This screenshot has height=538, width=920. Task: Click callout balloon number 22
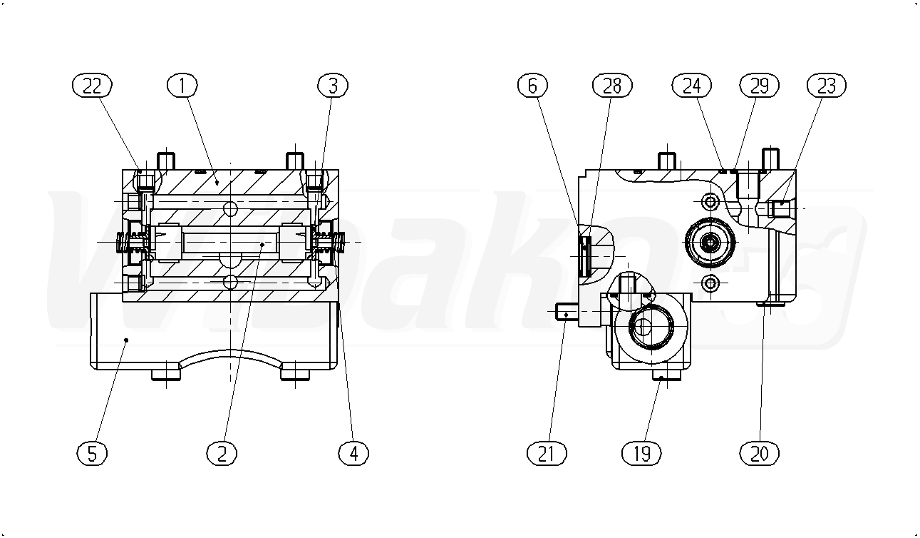(92, 86)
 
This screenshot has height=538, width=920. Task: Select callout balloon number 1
(182, 86)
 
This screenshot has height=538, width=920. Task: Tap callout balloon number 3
(333, 86)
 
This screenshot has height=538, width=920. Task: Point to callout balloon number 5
(92, 454)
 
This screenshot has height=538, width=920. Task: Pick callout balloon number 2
(222, 454)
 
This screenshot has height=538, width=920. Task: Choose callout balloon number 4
(353, 454)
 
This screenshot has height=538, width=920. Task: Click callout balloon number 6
(532, 86)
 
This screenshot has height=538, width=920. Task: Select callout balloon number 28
(612, 86)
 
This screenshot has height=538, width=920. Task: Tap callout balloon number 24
(692, 86)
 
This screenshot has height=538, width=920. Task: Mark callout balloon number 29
(760, 86)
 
